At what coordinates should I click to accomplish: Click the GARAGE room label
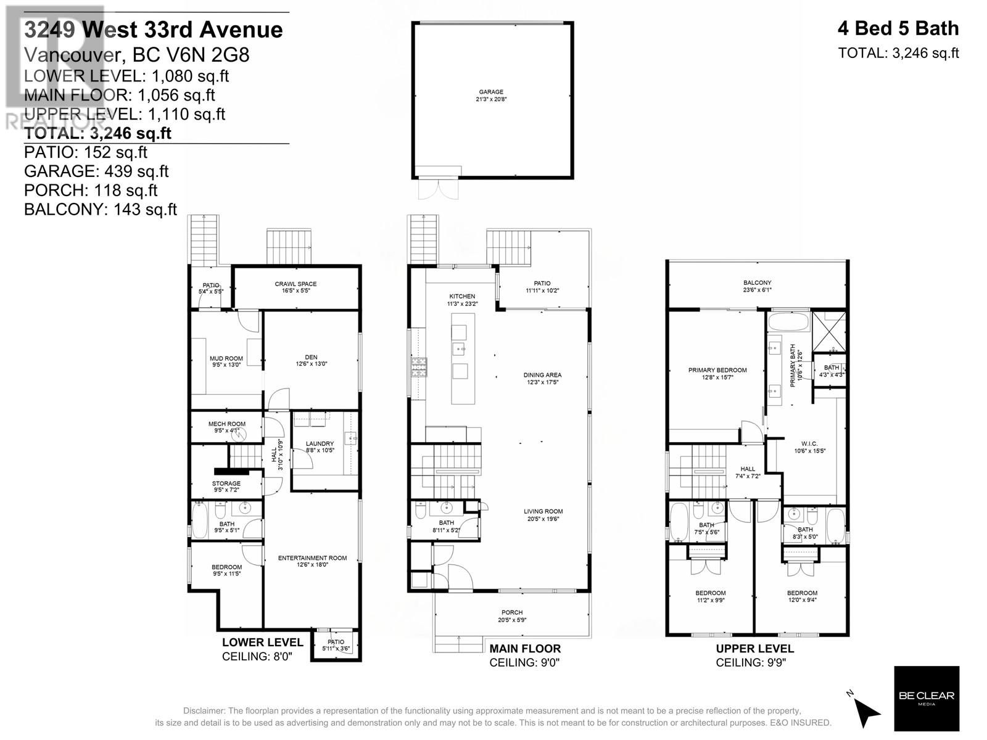pyautogui.click(x=491, y=92)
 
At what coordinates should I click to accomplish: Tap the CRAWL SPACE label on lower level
pyautogui.click(x=295, y=284)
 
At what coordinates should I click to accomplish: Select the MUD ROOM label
pyautogui.click(x=226, y=358)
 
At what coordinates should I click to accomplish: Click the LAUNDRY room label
pyautogui.click(x=320, y=443)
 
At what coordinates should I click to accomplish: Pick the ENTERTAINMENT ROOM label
pyautogui.click(x=312, y=558)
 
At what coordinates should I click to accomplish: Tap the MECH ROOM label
pyautogui.click(x=226, y=424)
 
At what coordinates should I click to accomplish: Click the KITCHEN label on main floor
pyautogui.click(x=461, y=297)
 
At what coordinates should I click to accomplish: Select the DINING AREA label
pyautogui.click(x=543, y=375)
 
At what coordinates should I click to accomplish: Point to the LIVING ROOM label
pyautogui.click(x=543, y=511)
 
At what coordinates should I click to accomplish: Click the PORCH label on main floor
pyautogui.click(x=512, y=612)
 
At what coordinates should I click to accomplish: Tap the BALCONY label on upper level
pyautogui.click(x=757, y=283)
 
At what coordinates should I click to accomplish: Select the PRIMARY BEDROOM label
pyautogui.click(x=717, y=371)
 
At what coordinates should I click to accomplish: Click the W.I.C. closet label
pyautogui.click(x=809, y=443)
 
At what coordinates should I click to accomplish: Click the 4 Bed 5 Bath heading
pyautogui.click(x=898, y=28)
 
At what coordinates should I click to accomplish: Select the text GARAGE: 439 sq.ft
pyautogui.click(x=96, y=171)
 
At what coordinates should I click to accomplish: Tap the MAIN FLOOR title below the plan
pyautogui.click(x=525, y=649)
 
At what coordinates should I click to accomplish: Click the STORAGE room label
pyautogui.click(x=226, y=483)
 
